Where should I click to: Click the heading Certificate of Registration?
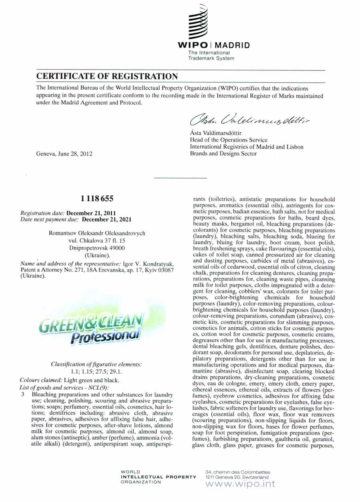tap(107, 76)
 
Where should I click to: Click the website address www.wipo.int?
tap(240, 484)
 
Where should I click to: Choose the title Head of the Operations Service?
tap(228, 140)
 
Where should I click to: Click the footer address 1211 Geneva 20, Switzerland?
tap(237, 477)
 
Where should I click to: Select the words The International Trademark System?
tap(211, 56)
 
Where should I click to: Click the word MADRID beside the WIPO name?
tap(233, 45)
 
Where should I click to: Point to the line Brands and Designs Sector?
tap(223, 153)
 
